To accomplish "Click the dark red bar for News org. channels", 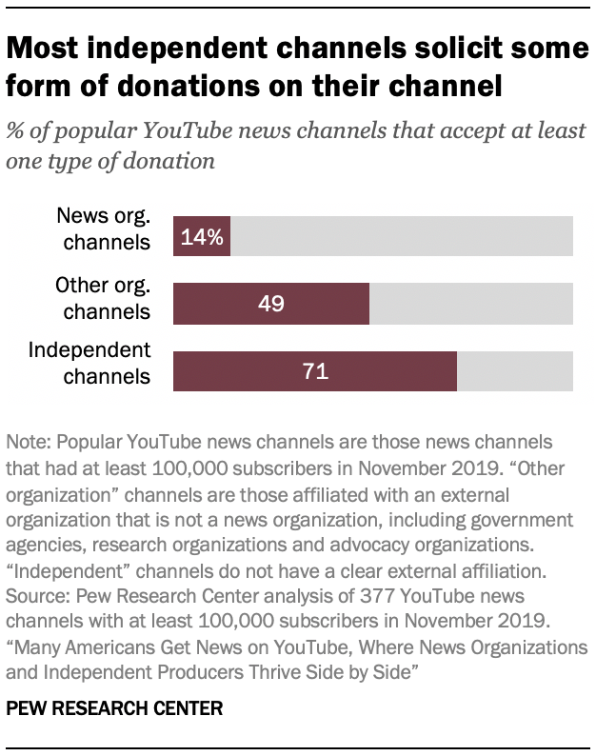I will [202, 237].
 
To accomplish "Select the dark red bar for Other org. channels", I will [271, 304].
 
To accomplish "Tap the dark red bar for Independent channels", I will [315, 371].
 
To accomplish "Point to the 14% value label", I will [202, 237].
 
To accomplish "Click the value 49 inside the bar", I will [271, 304].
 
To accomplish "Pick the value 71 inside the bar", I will [315, 371].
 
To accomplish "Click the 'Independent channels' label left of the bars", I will [89, 363].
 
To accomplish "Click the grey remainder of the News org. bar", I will [401, 237].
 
